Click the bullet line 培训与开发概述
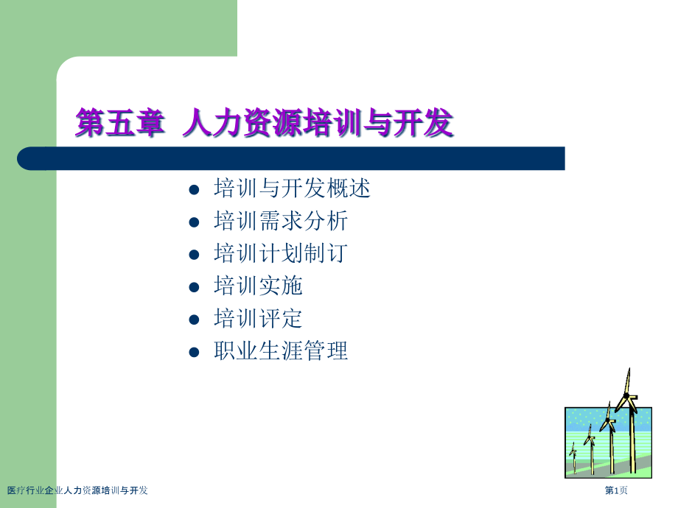(x=293, y=188)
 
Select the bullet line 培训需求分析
(x=281, y=221)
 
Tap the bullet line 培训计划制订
(x=281, y=253)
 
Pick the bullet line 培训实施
(x=258, y=286)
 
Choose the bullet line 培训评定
(x=258, y=318)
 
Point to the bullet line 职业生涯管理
(x=281, y=350)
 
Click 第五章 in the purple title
(x=121, y=123)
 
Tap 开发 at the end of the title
(x=424, y=123)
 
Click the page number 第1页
(x=616, y=490)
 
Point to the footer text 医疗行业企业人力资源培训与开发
(x=77, y=490)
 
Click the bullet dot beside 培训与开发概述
(x=194, y=190)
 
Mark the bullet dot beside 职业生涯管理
(x=194, y=352)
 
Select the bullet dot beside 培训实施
(x=194, y=287)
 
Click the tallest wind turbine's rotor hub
(x=626, y=395)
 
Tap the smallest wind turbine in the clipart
(x=573, y=457)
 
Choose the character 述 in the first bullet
(x=360, y=188)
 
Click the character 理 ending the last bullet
(x=338, y=350)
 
